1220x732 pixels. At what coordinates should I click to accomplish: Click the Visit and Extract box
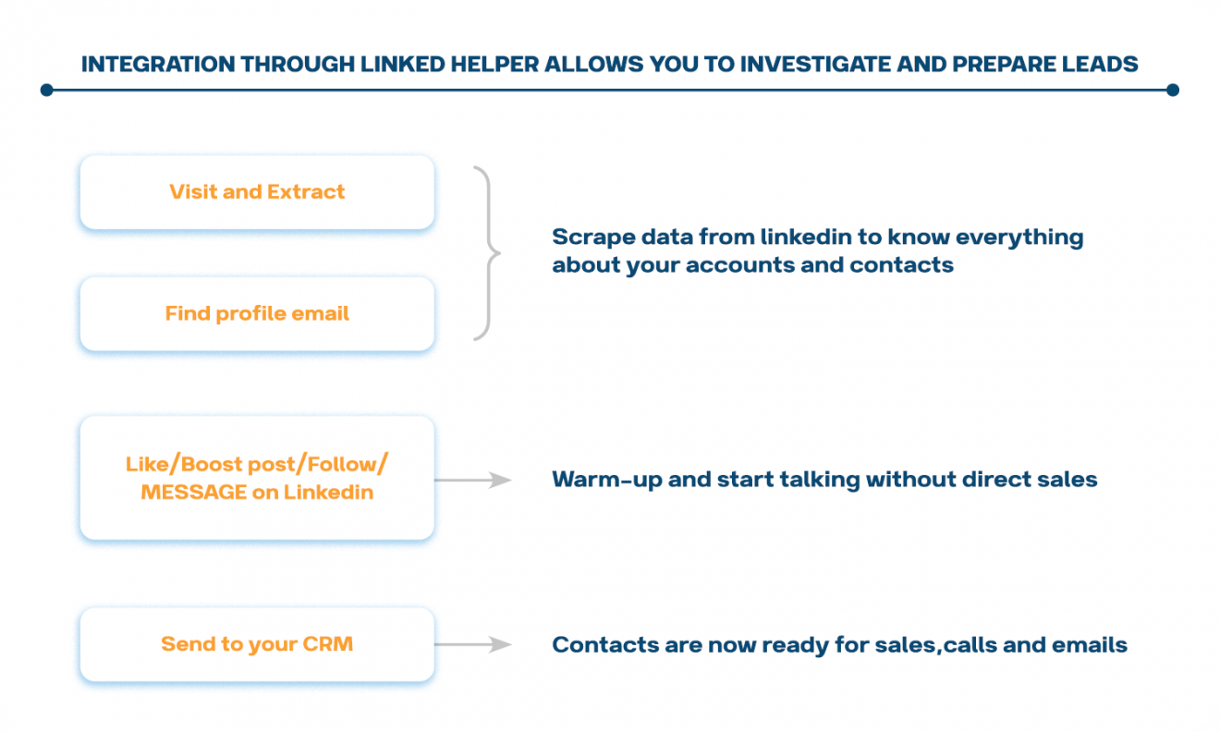click(x=257, y=192)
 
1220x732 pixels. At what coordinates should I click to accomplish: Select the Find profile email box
click(x=257, y=314)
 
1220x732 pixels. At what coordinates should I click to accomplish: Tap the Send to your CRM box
click(x=257, y=644)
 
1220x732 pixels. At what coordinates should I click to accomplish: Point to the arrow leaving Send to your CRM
click(x=472, y=644)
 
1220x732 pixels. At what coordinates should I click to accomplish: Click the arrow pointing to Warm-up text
click(x=472, y=480)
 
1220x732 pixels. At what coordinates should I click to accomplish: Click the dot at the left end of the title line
click(x=47, y=90)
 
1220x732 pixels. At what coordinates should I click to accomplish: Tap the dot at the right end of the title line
click(x=1173, y=90)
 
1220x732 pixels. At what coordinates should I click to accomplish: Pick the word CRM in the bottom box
click(x=328, y=644)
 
